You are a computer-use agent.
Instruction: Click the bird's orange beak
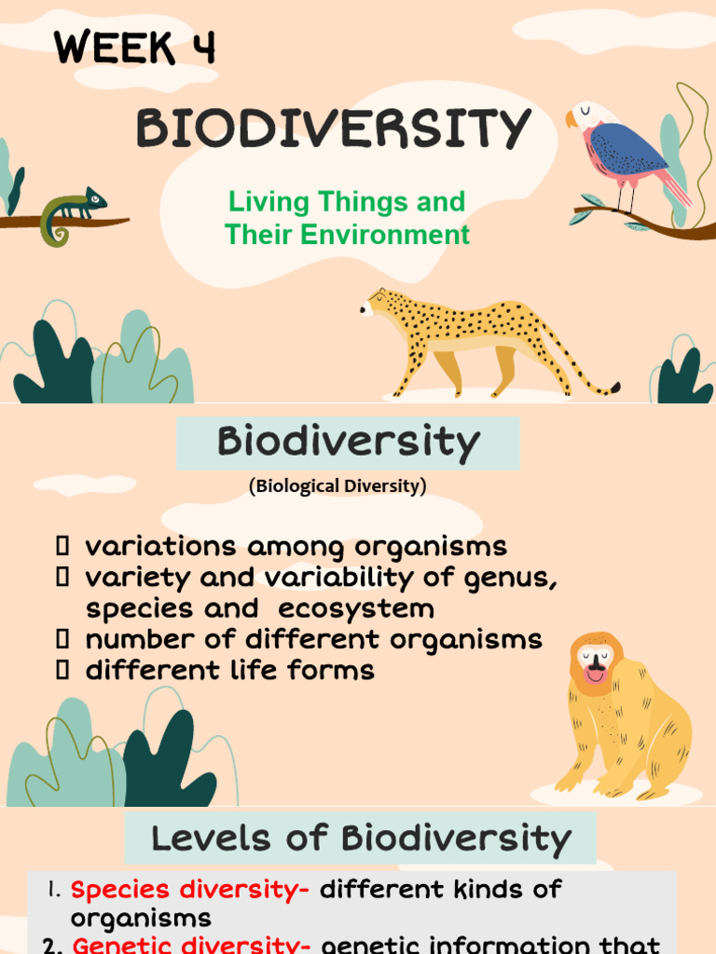(x=571, y=119)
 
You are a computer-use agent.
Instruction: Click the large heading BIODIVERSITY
(x=334, y=129)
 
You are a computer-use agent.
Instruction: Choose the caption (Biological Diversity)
(x=337, y=486)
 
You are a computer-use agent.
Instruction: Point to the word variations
(x=159, y=546)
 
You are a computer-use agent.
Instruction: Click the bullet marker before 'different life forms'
(x=63, y=670)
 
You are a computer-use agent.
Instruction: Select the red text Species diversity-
(x=189, y=890)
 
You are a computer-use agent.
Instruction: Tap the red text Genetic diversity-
(x=191, y=945)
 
